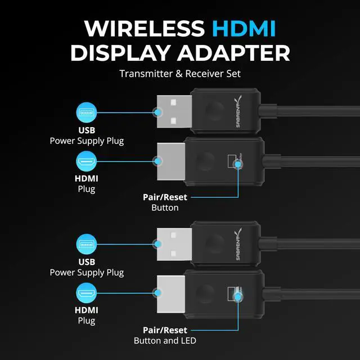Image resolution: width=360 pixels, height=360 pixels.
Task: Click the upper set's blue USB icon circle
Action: point(87,112)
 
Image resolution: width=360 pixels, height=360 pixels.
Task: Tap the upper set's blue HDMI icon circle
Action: point(87,161)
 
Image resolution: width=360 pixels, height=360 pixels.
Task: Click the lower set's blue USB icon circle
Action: point(87,245)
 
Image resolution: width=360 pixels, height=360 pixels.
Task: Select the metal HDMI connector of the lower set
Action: point(170,293)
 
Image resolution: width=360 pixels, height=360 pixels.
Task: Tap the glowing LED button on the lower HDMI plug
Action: point(237,295)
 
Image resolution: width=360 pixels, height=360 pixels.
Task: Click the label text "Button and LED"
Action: point(165,340)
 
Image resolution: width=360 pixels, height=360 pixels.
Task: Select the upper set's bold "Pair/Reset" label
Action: point(165,197)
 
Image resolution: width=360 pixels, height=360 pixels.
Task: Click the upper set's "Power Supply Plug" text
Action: point(87,140)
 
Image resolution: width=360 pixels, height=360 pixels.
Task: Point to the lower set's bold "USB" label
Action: point(87,262)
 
